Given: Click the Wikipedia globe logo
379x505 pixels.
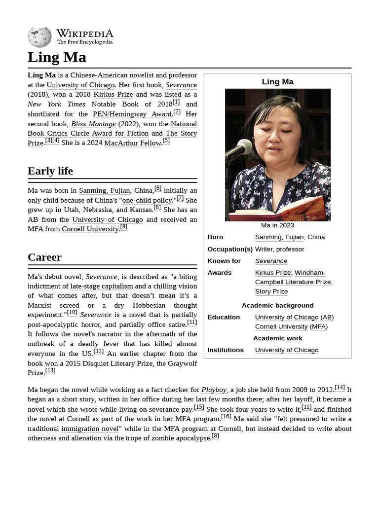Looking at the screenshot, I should (x=39, y=37).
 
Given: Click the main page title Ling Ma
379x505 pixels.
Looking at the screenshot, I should (x=57, y=57).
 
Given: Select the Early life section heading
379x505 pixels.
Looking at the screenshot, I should (x=50, y=171).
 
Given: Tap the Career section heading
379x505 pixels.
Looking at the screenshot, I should (x=44, y=257).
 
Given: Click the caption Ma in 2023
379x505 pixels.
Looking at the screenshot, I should (x=277, y=225).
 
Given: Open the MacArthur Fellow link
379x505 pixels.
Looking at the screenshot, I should (x=133, y=143).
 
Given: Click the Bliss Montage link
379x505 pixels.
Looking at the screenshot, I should (x=93, y=124).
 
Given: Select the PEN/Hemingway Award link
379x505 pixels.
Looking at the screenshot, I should (x=132, y=114).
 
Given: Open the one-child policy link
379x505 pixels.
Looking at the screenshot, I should (x=147, y=200).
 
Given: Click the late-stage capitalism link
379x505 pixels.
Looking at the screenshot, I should (x=102, y=286).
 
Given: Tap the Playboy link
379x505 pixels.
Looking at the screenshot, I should (x=214, y=390).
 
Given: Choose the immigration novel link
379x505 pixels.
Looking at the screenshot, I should (x=90, y=429).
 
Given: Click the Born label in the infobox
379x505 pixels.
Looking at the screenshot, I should (x=215, y=237).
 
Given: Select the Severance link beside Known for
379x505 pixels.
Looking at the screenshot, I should (x=271, y=261).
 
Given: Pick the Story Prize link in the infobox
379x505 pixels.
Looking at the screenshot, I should (x=271, y=291).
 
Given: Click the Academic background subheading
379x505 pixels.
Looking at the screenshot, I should (x=277, y=305).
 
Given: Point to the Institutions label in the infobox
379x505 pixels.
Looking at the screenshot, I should (x=226, y=350).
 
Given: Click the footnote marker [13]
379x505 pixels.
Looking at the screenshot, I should (x=50, y=371).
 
